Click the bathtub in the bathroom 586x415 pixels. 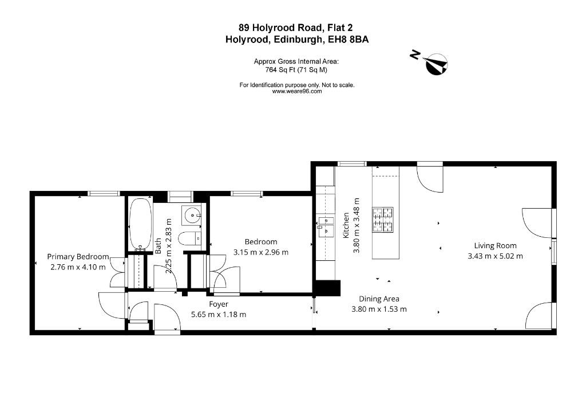click(x=141, y=224)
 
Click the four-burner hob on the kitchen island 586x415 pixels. click(x=383, y=219)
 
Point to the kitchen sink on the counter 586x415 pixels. click(x=326, y=226)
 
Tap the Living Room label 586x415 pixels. click(x=495, y=246)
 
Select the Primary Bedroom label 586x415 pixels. click(x=78, y=257)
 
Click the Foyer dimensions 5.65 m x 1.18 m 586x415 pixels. click(x=219, y=315)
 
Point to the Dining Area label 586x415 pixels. click(x=379, y=299)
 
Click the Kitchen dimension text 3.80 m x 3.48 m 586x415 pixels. click(x=356, y=226)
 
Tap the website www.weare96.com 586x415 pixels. click(x=297, y=91)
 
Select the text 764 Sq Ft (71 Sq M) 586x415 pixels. click(x=296, y=69)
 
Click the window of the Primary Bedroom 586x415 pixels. click(x=104, y=194)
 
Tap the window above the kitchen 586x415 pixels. click(x=352, y=163)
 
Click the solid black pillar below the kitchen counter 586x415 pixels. click(x=327, y=288)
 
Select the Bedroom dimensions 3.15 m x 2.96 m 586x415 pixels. click(x=261, y=253)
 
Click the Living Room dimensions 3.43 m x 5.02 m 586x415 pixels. click(x=495, y=256)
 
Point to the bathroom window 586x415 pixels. click(x=180, y=197)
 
